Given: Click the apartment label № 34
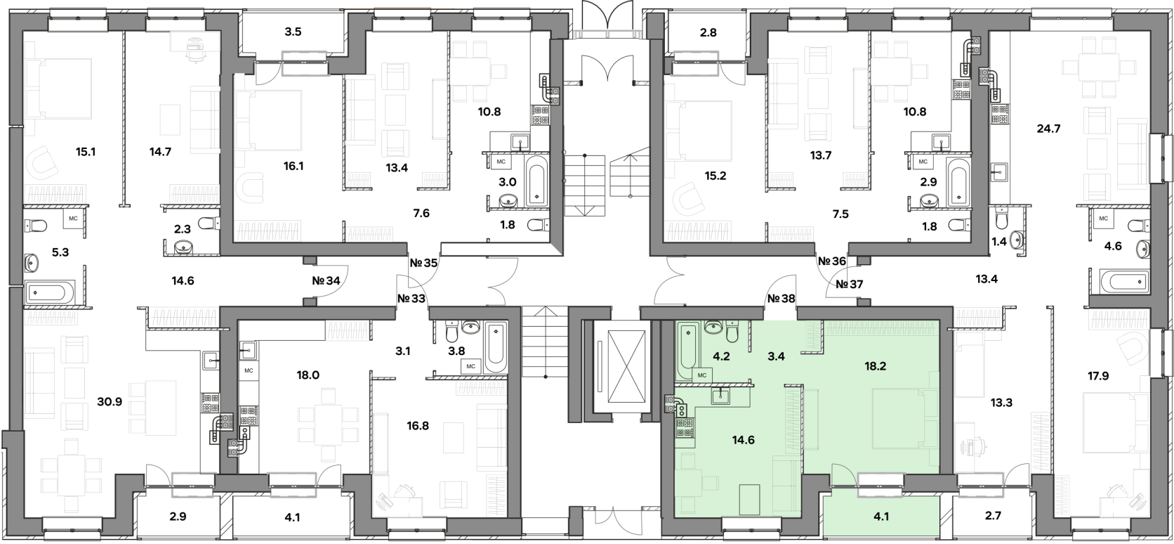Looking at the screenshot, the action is tap(326, 280).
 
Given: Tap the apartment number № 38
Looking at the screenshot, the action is tap(781, 299).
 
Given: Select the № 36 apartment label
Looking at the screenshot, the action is tap(832, 261).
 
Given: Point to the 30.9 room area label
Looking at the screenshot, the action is tap(110, 402).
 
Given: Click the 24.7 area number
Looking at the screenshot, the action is tap(1048, 128).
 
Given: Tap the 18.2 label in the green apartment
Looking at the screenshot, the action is tap(876, 366).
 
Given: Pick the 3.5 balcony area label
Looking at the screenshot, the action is tap(293, 32).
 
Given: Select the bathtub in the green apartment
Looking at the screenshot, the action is tap(687, 351).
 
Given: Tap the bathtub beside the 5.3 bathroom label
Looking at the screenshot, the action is tap(51, 292).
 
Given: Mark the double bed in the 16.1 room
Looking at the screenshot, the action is tap(269, 121).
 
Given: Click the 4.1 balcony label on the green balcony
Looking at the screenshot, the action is tap(881, 516).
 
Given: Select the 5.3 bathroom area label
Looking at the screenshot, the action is tap(60, 252).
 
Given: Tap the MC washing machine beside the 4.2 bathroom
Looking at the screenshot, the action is tap(702, 375).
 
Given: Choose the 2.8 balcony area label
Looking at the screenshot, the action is tap(708, 32).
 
